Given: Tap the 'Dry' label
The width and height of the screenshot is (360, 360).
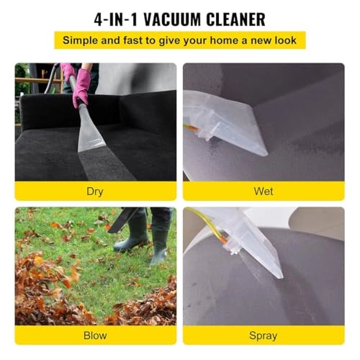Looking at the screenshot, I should point(95,191).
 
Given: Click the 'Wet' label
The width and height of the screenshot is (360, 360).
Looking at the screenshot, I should point(263,191).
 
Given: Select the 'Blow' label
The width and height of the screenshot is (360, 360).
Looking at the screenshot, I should point(95,335).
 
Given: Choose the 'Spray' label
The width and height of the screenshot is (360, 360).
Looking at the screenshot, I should point(263,335).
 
